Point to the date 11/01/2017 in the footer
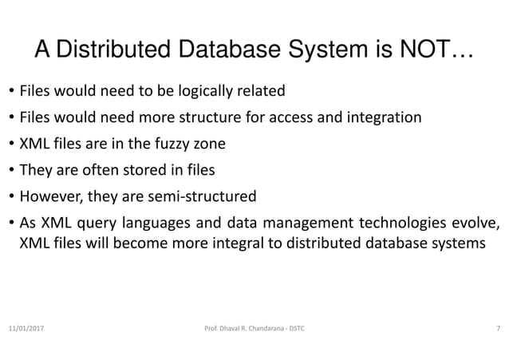click(27, 329)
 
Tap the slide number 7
click(499, 329)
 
